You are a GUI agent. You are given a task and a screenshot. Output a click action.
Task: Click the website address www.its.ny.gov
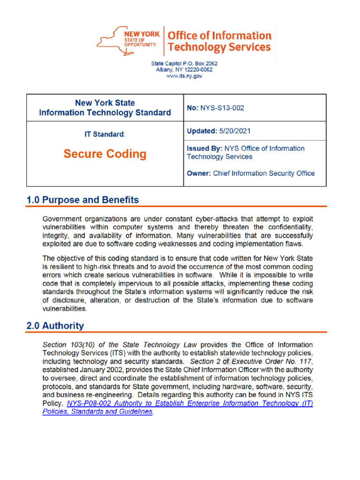184,76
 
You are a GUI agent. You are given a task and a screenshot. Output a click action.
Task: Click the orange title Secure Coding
105,154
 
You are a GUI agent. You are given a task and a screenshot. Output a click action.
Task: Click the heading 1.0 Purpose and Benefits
82,200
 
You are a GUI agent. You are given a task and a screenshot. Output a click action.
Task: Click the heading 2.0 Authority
55,326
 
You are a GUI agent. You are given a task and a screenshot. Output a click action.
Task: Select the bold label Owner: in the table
199,173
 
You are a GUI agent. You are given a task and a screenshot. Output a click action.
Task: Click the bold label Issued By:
205,149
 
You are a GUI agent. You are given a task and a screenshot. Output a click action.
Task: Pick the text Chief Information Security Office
264,173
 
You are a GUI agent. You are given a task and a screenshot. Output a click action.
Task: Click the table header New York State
105,103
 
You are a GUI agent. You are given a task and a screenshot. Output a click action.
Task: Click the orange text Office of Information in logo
219,36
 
